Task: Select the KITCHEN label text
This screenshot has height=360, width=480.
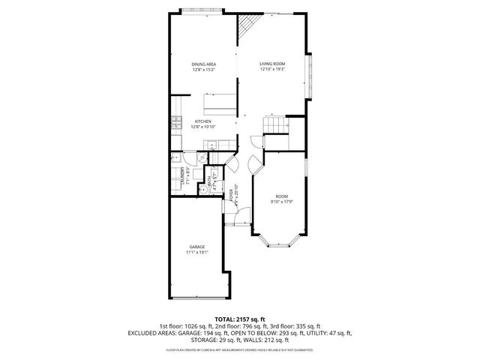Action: click(202, 121)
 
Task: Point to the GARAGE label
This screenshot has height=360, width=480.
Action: click(197, 247)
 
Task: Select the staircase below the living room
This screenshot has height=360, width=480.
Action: click(276, 125)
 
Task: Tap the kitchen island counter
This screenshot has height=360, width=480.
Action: click(222, 100)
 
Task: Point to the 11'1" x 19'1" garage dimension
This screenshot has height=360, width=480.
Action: click(197, 253)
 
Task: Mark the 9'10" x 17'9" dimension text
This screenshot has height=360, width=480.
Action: click(281, 200)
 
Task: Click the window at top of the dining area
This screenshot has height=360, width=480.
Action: click(201, 10)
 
